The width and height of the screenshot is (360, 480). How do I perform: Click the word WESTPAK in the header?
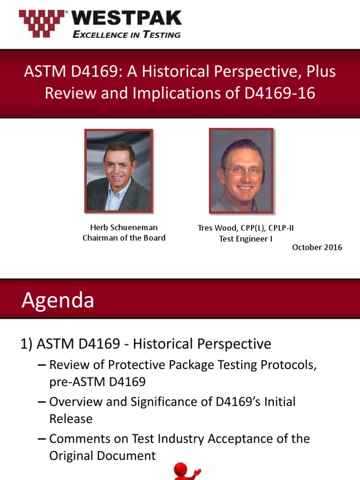coord(126,18)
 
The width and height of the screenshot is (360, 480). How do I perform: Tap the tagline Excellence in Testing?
coord(126,35)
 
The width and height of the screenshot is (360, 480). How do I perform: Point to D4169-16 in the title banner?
coord(280,93)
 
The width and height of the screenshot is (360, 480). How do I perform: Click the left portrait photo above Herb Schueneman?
coord(119,171)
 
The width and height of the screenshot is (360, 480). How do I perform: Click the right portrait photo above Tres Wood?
coord(241,171)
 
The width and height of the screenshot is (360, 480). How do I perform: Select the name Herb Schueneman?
coord(124,227)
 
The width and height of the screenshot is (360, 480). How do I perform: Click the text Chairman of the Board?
coord(124,238)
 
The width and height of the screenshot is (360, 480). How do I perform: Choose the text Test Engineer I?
coord(246,239)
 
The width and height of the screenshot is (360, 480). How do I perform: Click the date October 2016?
coord(317,247)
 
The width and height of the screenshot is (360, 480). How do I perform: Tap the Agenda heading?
coord(58,300)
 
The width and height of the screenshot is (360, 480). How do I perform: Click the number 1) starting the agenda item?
coord(26,344)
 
